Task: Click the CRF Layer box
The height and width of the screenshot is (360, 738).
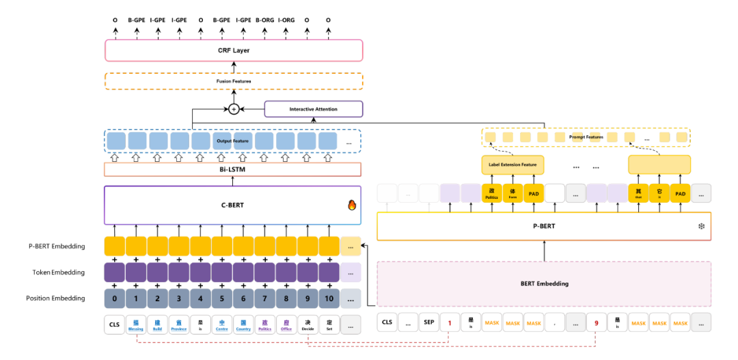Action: point(234,50)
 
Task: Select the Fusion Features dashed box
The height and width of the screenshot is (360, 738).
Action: point(234,81)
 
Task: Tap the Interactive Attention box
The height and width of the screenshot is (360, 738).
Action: point(313,109)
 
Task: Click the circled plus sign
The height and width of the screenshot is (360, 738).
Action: point(234,109)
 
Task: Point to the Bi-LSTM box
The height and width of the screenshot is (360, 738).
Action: point(234,170)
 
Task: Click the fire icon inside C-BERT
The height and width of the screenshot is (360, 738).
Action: point(352,205)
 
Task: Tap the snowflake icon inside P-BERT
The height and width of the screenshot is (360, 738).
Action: point(700,226)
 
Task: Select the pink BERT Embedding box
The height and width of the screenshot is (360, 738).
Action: point(544,283)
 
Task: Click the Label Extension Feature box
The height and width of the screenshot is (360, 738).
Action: point(512,165)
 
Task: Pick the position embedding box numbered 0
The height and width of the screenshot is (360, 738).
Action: point(115,299)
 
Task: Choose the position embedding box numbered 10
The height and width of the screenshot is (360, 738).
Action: point(329,299)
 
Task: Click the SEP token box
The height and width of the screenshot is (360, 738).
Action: point(428,322)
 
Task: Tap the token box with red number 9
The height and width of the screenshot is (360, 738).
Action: point(597,322)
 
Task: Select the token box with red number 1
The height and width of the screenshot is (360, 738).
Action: point(449,322)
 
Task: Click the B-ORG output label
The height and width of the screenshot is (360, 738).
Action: point(264,20)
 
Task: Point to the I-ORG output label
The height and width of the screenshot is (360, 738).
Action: point(286,20)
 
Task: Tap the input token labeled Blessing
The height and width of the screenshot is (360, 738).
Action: point(136,324)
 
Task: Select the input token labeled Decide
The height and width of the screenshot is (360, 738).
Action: point(307,324)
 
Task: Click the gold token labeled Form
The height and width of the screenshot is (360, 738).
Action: point(512,193)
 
